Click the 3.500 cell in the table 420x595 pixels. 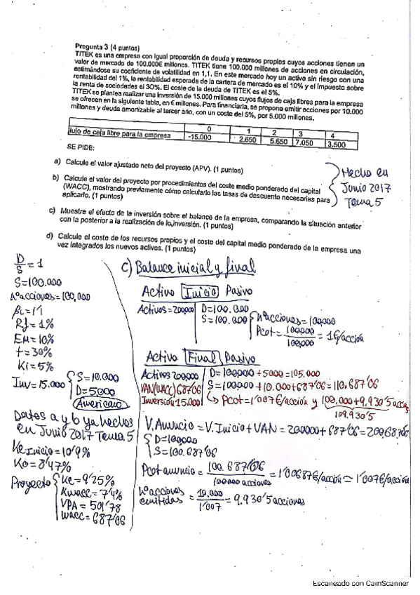click(340, 144)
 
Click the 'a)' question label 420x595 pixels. click(57, 162)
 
